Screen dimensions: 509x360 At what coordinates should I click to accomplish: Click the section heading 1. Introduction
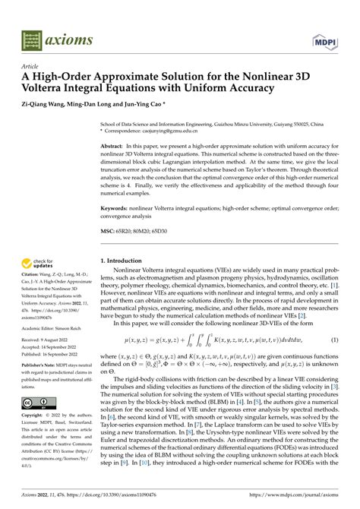pyautogui.click(x=126, y=261)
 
